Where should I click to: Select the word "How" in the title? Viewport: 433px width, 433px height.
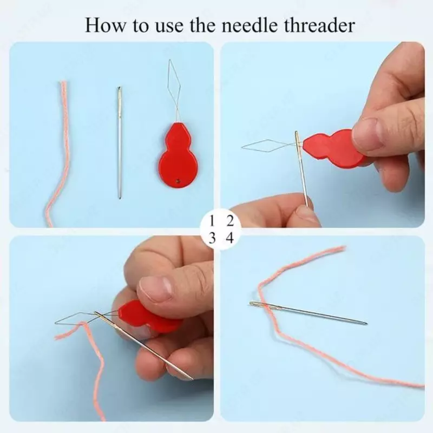pyautogui.click(x=105, y=25)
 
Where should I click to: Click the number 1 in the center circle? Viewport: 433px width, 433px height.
pyautogui.click(x=212, y=221)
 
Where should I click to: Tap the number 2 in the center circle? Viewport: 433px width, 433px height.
pyautogui.click(x=229, y=221)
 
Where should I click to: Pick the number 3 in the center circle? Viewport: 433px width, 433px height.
pyautogui.click(x=212, y=238)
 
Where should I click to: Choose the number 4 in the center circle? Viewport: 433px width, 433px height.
pyautogui.click(x=229, y=238)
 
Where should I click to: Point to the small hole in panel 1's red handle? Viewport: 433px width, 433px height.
pyautogui.click(x=178, y=181)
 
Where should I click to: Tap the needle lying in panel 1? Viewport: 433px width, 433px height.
pyautogui.click(x=119, y=143)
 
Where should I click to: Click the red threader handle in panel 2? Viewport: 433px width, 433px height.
pyautogui.click(x=334, y=148)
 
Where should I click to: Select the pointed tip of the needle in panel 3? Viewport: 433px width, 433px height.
pyautogui.click(x=193, y=379)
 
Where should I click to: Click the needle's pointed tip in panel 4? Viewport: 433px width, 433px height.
pyautogui.click(x=366, y=323)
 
